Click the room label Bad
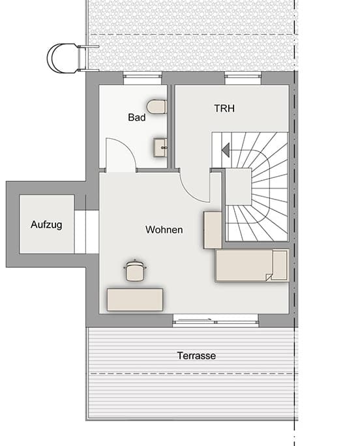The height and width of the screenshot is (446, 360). pyautogui.click(x=136, y=118)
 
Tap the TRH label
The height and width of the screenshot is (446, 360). pyautogui.click(x=224, y=108)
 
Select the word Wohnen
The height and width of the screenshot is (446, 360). pyautogui.click(x=164, y=230)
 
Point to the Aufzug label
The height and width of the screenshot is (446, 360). pyautogui.click(x=46, y=225)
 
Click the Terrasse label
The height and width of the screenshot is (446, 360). pyautogui.click(x=196, y=356)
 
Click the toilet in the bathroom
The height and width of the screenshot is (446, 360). pyautogui.click(x=157, y=106)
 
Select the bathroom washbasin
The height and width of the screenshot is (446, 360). pyautogui.click(x=160, y=147)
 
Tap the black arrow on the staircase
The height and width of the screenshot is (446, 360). pyautogui.click(x=226, y=150)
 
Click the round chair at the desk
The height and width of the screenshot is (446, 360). pyautogui.click(x=135, y=271)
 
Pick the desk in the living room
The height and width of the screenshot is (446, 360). pyautogui.click(x=135, y=299)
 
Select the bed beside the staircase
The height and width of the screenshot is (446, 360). pyautogui.click(x=251, y=265)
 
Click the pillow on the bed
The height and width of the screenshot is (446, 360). pyautogui.click(x=280, y=265)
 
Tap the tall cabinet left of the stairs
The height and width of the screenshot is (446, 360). pyautogui.click(x=213, y=230)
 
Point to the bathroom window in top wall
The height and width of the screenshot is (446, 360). pyautogui.click(x=142, y=78)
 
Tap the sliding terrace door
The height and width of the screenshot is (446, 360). pyautogui.click(x=215, y=320)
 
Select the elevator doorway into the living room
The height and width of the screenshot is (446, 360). pyautogui.click(x=86, y=231)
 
